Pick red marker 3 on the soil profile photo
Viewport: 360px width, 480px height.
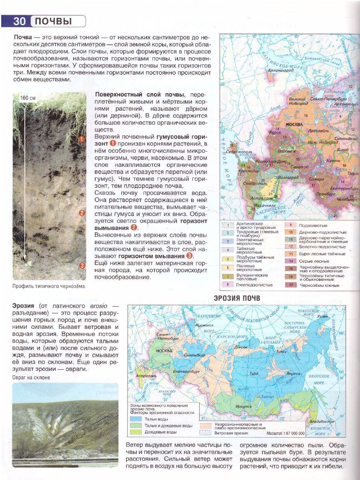point(82,265)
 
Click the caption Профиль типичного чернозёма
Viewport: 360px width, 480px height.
point(49,286)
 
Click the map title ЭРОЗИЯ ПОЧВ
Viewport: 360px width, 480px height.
point(237,298)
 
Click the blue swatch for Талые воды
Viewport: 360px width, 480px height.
point(136,419)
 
